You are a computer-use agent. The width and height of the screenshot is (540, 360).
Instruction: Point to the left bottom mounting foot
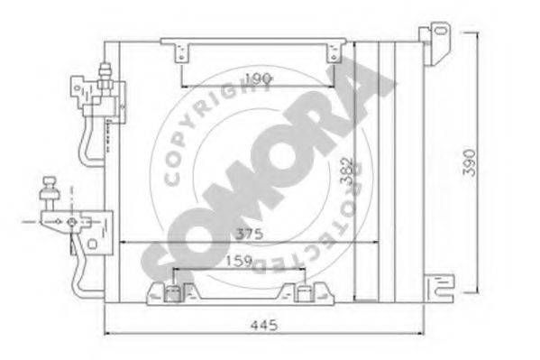(x=172, y=291)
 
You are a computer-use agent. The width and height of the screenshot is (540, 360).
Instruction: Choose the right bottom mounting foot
(x=301, y=291)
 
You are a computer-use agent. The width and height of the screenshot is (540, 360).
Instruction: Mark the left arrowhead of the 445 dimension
(x=108, y=331)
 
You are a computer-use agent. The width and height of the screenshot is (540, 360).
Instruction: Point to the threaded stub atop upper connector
(x=106, y=69)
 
